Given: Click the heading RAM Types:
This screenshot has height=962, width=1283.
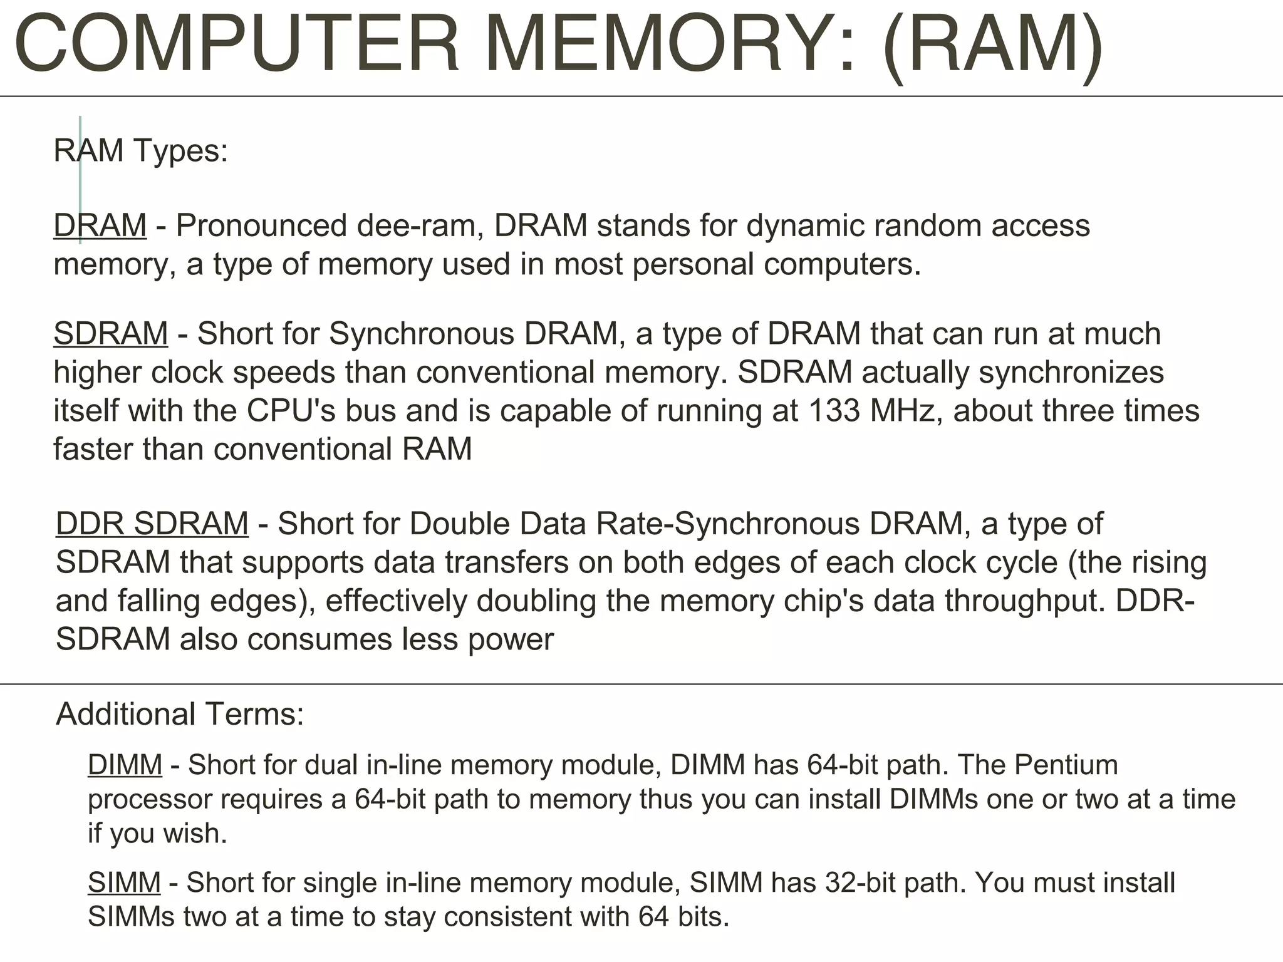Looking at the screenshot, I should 141,151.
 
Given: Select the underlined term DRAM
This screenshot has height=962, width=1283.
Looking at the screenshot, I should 100,225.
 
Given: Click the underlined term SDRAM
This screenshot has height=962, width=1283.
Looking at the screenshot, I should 111,333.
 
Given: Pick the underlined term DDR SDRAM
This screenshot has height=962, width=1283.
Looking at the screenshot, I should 152,524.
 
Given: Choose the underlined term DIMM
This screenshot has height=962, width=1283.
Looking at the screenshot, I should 125,765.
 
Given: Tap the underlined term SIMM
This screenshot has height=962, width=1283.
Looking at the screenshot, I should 124,882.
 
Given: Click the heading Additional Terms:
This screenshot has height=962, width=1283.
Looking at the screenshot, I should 180,714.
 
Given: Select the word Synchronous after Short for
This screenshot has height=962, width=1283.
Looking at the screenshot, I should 422,333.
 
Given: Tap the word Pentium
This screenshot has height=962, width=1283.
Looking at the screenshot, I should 1066,765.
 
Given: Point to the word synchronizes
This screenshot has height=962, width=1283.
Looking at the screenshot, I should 1071,372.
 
